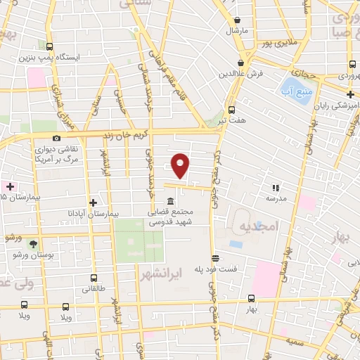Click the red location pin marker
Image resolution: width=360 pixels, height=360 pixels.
tap(181, 165)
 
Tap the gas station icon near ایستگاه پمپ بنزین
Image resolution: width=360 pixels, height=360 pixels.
tap(49, 44)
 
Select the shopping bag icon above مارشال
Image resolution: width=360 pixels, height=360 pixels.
tap(234, 20)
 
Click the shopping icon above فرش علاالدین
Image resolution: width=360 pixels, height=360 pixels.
tap(241, 62)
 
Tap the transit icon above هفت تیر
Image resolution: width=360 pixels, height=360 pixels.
tap(231, 110)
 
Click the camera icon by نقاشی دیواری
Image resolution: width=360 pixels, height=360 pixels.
tap(56, 138)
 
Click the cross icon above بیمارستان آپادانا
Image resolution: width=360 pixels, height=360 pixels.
tap(93, 202)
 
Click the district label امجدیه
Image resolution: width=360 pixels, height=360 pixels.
tap(259, 226)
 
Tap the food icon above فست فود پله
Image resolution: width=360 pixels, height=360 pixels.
tap(215, 257)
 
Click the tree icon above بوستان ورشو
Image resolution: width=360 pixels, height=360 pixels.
tap(33, 243)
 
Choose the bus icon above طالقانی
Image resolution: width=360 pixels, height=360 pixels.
tap(94, 276)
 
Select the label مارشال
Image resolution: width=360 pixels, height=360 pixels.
tap(233, 32)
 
